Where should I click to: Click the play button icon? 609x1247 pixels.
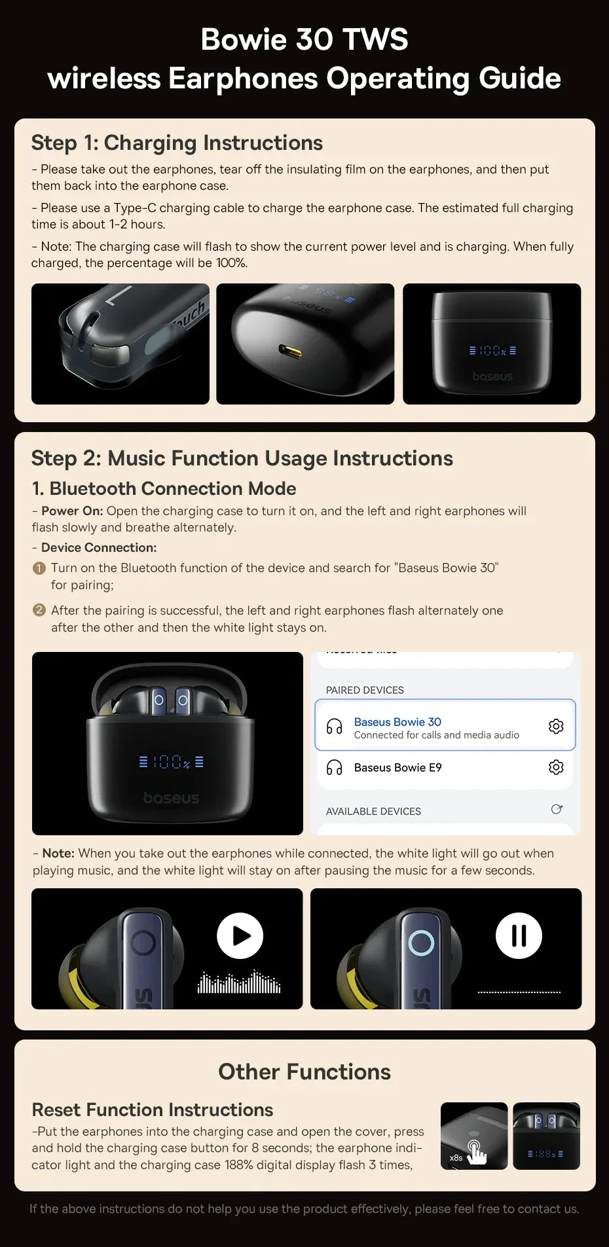(240, 935)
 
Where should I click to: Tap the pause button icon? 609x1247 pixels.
(519, 935)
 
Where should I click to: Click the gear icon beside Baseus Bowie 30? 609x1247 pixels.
(556, 726)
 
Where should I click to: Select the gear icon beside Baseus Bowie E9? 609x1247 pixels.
(556, 767)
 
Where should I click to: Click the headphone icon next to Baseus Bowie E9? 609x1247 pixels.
(335, 767)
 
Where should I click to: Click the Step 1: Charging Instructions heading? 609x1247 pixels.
(177, 143)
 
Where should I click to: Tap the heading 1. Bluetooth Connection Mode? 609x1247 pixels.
(164, 488)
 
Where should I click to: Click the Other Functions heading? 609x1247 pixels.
(304, 1072)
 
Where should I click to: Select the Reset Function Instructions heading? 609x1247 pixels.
(152, 1110)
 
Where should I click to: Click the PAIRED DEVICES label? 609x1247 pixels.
(365, 690)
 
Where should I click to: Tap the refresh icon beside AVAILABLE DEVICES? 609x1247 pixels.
(557, 810)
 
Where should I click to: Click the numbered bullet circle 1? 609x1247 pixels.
(39, 568)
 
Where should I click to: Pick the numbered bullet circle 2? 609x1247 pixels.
(39, 610)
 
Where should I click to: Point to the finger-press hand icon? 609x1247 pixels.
(476, 1152)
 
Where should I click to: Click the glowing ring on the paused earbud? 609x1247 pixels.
(421, 943)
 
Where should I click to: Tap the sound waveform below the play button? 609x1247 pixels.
(240, 982)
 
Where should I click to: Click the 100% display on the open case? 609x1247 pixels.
(172, 762)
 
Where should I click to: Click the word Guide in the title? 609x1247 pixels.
(519, 79)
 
